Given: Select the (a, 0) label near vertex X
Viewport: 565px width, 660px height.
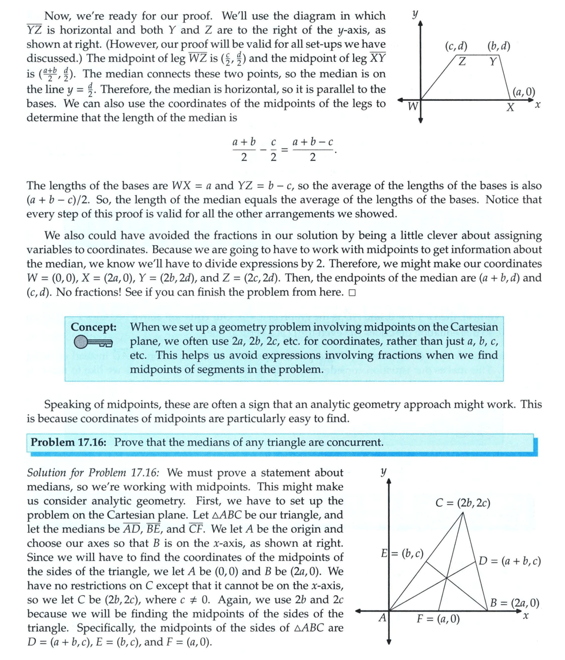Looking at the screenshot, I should (x=524, y=91).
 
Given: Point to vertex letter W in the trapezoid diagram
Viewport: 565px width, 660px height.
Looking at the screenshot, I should (x=413, y=107).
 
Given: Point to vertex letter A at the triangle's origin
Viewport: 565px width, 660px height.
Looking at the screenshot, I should (x=382, y=618).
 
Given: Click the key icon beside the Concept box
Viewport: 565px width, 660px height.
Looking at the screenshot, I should (x=93, y=342).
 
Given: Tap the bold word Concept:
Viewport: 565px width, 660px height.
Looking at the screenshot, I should (x=93, y=326).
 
